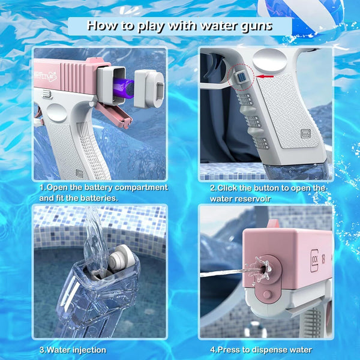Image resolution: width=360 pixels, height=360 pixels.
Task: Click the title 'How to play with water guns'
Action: click(x=180, y=26)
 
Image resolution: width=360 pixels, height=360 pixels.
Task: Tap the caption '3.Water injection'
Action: click(x=73, y=350)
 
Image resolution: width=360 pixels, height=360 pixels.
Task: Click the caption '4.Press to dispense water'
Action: click(x=261, y=350)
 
